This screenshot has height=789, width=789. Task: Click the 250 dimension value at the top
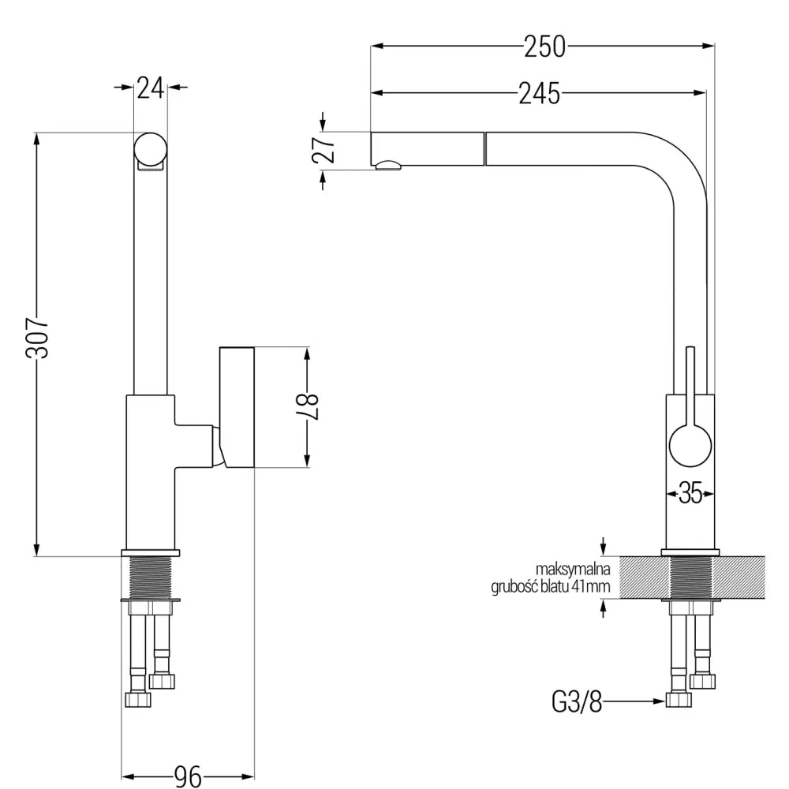point(544,47)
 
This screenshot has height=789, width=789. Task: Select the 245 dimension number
point(540,93)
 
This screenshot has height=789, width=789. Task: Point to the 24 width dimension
point(150,88)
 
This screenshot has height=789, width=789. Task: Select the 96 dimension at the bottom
point(187,778)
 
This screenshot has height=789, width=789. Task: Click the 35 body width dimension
point(690,495)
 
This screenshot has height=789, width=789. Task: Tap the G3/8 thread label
point(576,701)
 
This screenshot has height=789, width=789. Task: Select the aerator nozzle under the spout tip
point(387,165)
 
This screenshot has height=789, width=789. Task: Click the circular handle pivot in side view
point(690,447)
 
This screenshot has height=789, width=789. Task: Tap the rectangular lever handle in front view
point(236,406)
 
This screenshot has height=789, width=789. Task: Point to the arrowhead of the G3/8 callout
point(658,701)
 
